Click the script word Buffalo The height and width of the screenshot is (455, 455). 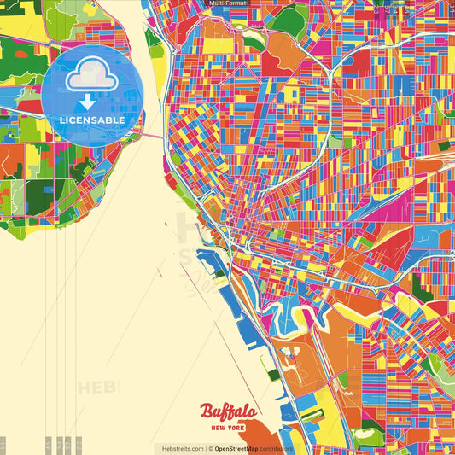pyautogui.click(x=227, y=413)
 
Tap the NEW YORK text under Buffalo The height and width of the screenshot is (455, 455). pyautogui.click(x=227, y=428)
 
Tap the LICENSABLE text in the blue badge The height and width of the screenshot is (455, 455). pyautogui.click(x=92, y=120)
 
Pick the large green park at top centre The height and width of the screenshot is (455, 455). pyautogui.click(x=290, y=21)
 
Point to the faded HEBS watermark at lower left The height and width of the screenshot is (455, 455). pyautogui.click(x=98, y=388)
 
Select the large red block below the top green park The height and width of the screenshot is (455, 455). pyautogui.click(x=275, y=61)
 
